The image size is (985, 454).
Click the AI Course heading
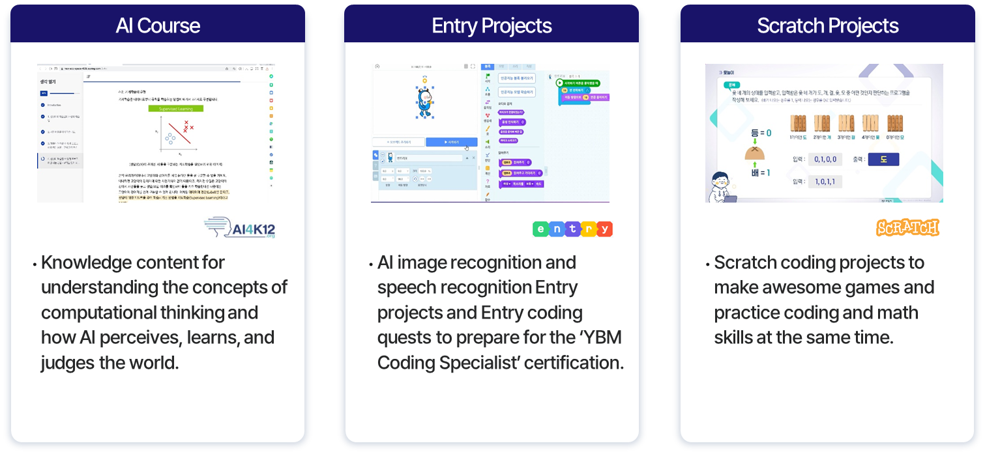tap(158, 26)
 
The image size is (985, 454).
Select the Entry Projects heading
tap(492, 26)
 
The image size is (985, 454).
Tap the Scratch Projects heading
tap(827, 26)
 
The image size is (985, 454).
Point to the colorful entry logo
tap(572, 229)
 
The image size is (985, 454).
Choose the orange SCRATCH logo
tap(907, 228)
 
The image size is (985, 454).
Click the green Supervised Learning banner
tap(175, 108)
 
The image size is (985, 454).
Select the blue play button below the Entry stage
tap(451, 142)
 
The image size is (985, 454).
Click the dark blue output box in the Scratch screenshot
tap(883, 159)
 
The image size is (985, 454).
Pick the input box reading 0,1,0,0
tap(824, 159)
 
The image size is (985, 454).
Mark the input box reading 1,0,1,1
tap(824, 182)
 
